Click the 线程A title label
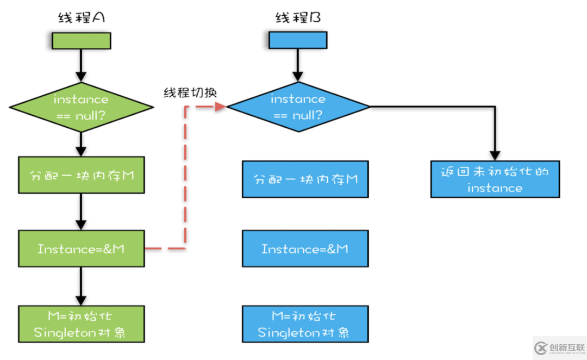point(81,18)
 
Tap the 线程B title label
point(298,18)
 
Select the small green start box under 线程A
point(81,41)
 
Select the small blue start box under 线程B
point(298,40)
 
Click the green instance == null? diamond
point(81,107)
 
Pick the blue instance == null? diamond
point(298,107)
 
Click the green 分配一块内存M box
point(82,175)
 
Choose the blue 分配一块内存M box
point(305,178)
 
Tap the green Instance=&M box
point(82,249)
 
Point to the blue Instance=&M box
point(305,249)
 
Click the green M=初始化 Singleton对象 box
point(82,324)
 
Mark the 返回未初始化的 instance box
point(495,179)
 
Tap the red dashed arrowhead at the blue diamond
point(221,107)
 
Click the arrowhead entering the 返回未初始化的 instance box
point(495,155)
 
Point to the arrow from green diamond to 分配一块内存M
point(81,144)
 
